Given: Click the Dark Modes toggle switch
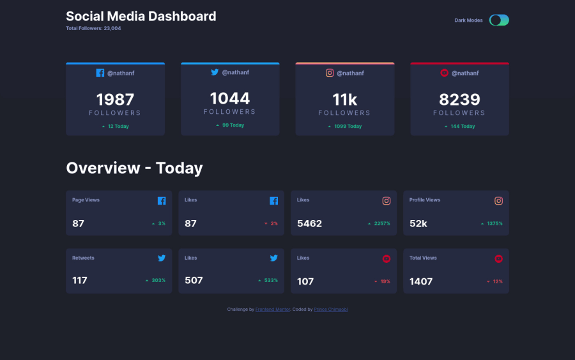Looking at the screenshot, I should [x=499, y=20].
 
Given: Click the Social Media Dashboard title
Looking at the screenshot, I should [x=141, y=17].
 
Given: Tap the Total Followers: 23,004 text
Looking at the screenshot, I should [x=93, y=29].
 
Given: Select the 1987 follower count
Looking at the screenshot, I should [x=115, y=100].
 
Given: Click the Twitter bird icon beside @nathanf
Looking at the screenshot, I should [x=215, y=72].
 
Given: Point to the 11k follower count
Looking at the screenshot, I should [x=344, y=100].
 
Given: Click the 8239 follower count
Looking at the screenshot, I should [x=459, y=100].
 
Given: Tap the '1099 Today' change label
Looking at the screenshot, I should [x=348, y=127].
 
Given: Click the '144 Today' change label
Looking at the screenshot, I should [x=463, y=127].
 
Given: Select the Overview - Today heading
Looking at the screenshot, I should [x=134, y=168].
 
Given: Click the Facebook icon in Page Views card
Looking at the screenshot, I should [x=162, y=201].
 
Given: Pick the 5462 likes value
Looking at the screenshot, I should [x=309, y=224].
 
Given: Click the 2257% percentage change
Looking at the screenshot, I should [x=382, y=224].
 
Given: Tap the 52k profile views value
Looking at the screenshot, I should [x=418, y=224].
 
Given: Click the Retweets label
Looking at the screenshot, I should [x=83, y=258].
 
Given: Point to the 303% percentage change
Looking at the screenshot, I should [x=158, y=281].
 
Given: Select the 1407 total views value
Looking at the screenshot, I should [x=421, y=281].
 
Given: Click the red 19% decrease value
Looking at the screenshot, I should [x=385, y=281].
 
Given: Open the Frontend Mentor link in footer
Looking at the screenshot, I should [x=273, y=309].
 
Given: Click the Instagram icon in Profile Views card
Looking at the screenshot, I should [x=498, y=201].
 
